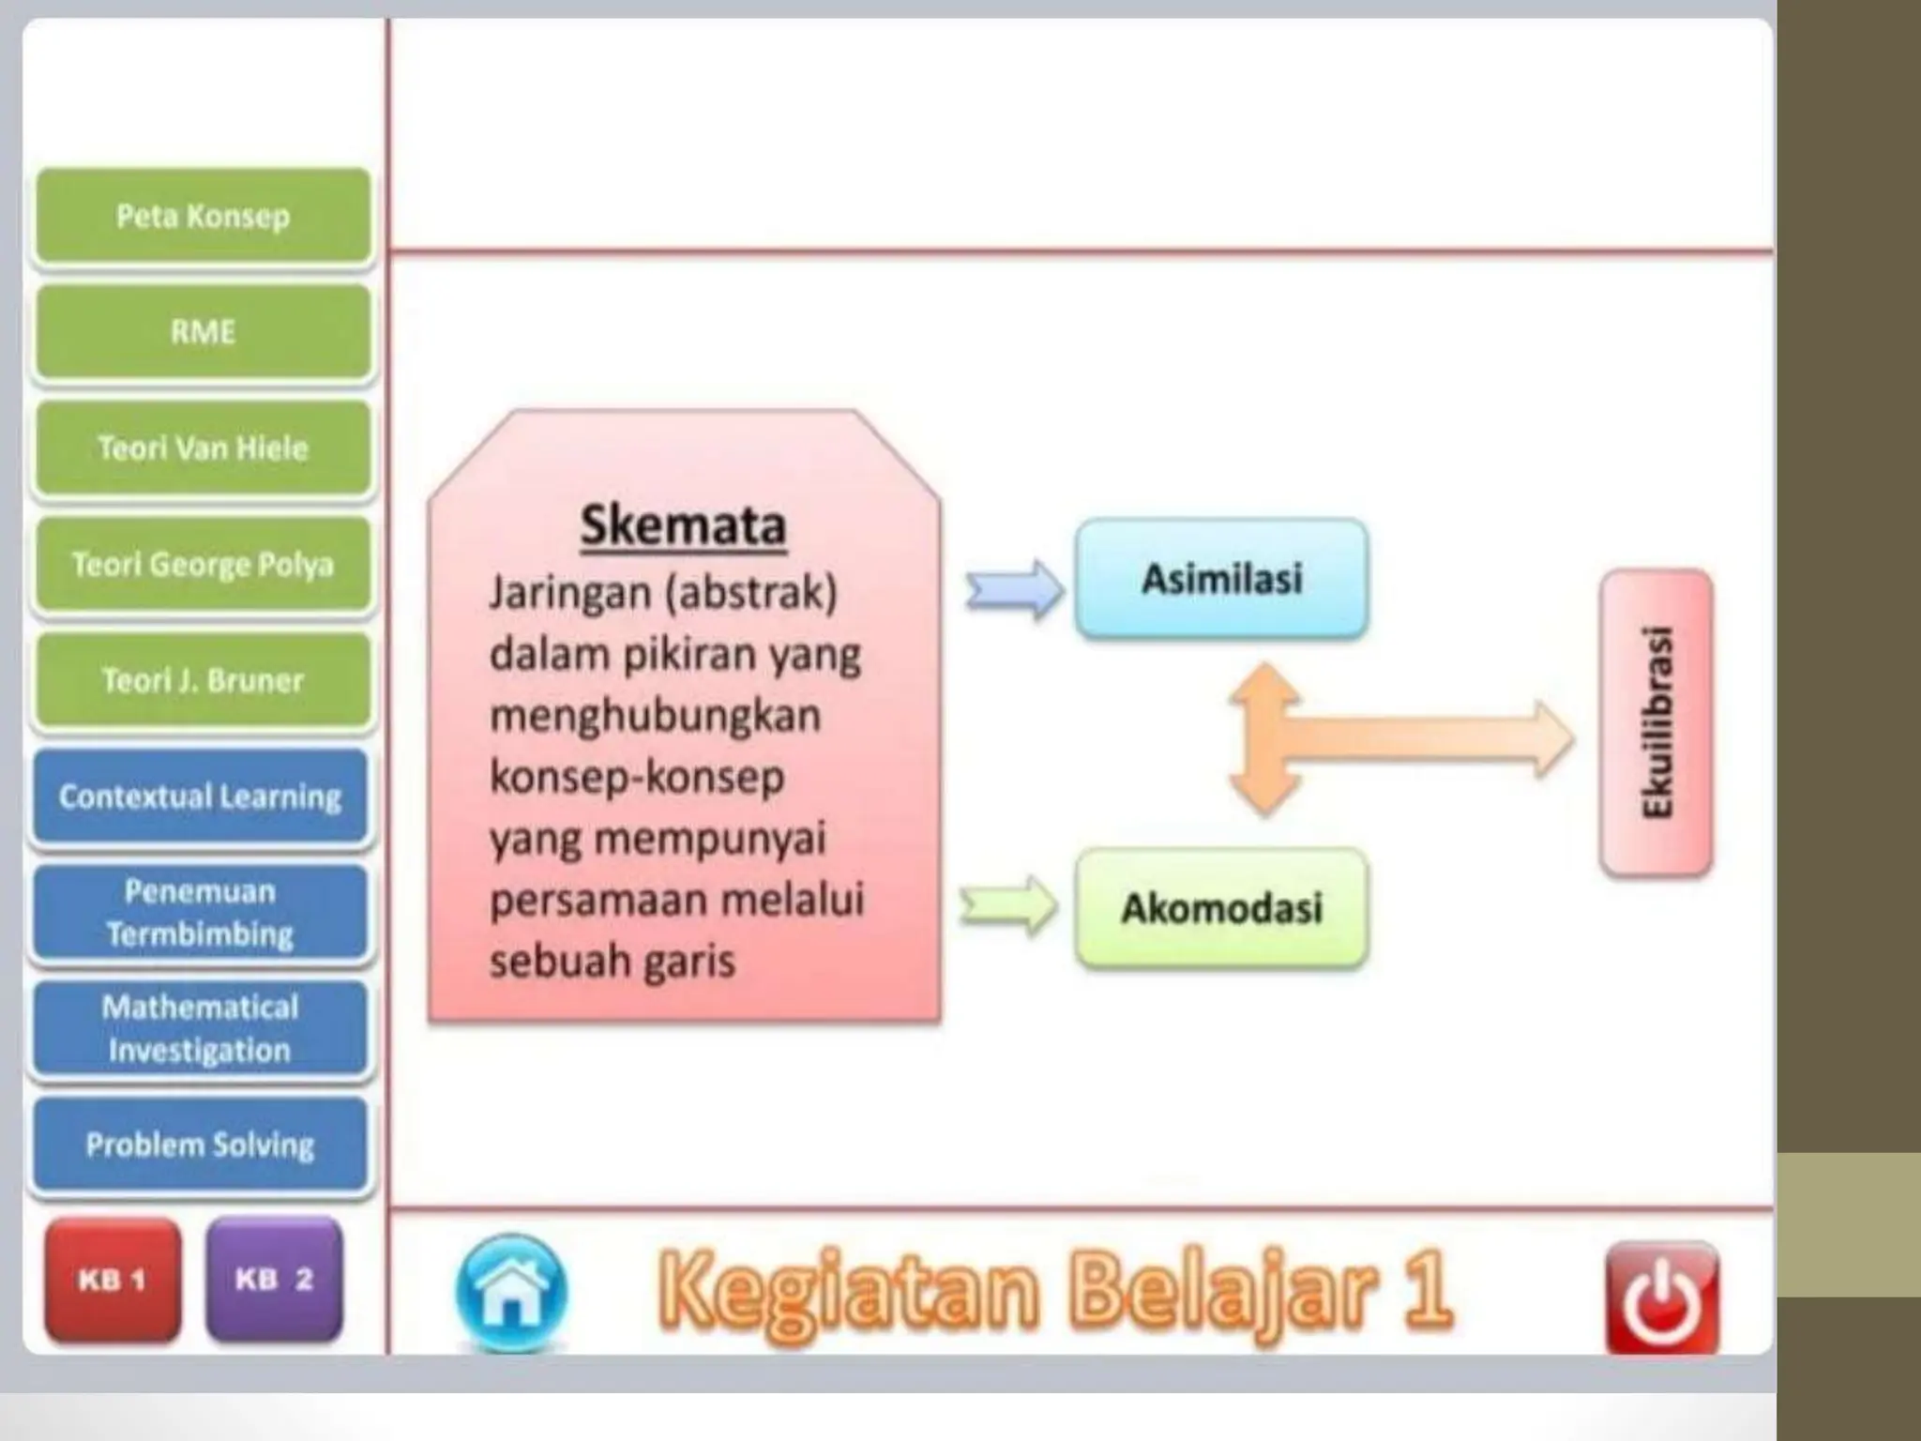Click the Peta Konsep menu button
[203, 216]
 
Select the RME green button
[203, 332]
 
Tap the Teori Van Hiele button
[203, 447]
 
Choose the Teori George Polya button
[203, 564]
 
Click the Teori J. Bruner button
[203, 679]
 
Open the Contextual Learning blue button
[201, 796]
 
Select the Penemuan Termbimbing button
[201, 912]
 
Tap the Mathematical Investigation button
[201, 1028]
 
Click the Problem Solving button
[201, 1145]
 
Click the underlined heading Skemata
[683, 525]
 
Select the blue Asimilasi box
[1221, 579]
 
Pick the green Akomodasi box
[1221, 908]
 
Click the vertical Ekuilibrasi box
[1656, 722]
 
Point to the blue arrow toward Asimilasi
[1015, 590]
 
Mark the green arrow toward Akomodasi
[1009, 906]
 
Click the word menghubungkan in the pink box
[655, 716]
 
